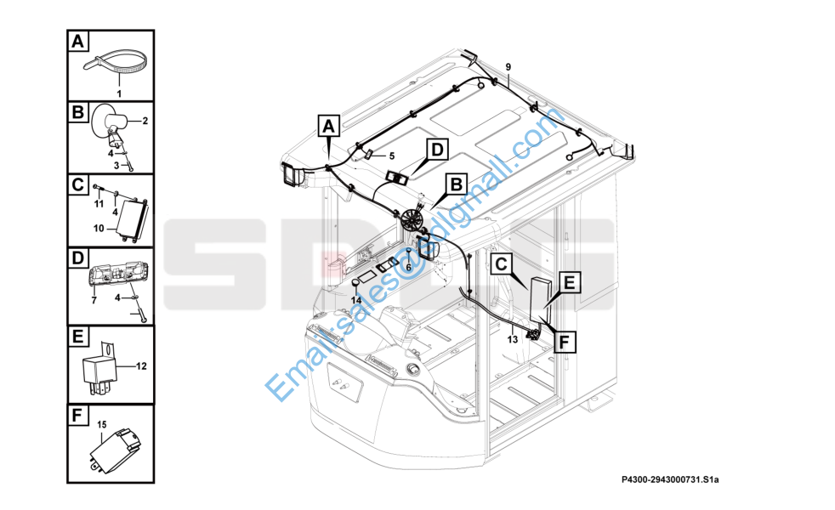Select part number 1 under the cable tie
(119, 93)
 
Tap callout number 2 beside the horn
(145, 121)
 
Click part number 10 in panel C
(99, 229)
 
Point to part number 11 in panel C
(99, 204)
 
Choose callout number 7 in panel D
(94, 301)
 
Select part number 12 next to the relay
(141, 366)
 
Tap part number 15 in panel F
(102, 424)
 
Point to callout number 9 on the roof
(508, 66)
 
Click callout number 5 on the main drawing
(392, 156)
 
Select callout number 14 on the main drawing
(356, 300)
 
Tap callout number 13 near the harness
(512, 339)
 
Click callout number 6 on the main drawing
(408, 267)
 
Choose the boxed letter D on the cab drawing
(437, 150)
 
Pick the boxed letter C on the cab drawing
(502, 263)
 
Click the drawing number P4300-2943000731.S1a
(670, 479)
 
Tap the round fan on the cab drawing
(412, 218)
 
